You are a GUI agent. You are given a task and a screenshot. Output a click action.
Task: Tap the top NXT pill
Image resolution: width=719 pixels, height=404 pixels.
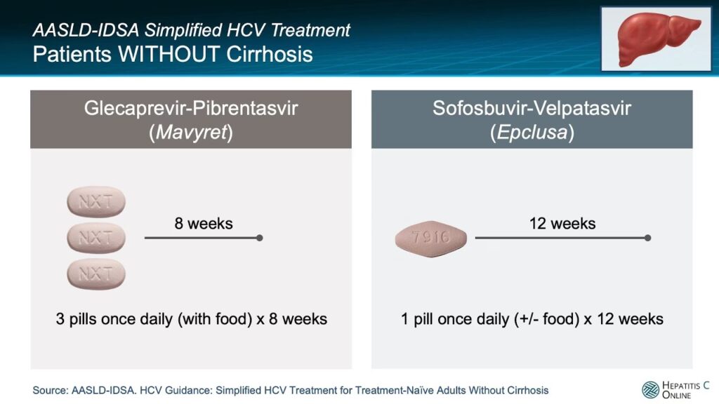pos(96,201)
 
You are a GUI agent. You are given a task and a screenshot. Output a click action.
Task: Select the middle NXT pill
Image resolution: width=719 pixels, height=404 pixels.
pos(96,238)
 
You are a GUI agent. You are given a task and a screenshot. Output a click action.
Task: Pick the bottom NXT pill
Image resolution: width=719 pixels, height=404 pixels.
pos(96,274)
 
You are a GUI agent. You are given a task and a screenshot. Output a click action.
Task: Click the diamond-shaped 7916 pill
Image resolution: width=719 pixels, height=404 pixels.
pos(431,238)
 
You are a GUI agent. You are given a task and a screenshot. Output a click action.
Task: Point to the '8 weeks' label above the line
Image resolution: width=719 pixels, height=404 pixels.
pos(204,224)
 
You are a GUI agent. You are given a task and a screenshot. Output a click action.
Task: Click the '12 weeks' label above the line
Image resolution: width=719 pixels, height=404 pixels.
pos(562,224)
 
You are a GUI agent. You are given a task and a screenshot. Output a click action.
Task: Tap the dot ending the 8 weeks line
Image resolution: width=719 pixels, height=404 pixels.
pos(260,238)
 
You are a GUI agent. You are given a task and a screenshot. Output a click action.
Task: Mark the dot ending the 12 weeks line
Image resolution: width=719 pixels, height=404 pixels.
pos(647,238)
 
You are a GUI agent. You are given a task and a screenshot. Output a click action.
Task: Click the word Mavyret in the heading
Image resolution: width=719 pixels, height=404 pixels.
pos(192,133)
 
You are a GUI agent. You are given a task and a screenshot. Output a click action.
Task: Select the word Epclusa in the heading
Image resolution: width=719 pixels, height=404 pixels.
pos(532,133)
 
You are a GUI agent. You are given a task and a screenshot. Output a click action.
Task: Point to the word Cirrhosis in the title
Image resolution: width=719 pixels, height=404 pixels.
pos(270,54)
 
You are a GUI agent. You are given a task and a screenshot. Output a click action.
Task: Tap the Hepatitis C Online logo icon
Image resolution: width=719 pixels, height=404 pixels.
pos(650,390)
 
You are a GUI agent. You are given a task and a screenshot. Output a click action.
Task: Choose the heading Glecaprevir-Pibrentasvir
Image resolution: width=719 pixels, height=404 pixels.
pos(191,109)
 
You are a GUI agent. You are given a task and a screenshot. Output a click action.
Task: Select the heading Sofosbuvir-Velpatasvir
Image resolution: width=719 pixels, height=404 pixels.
pos(532,109)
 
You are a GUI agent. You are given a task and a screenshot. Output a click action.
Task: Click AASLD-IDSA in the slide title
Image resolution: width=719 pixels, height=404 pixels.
pos(86,30)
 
